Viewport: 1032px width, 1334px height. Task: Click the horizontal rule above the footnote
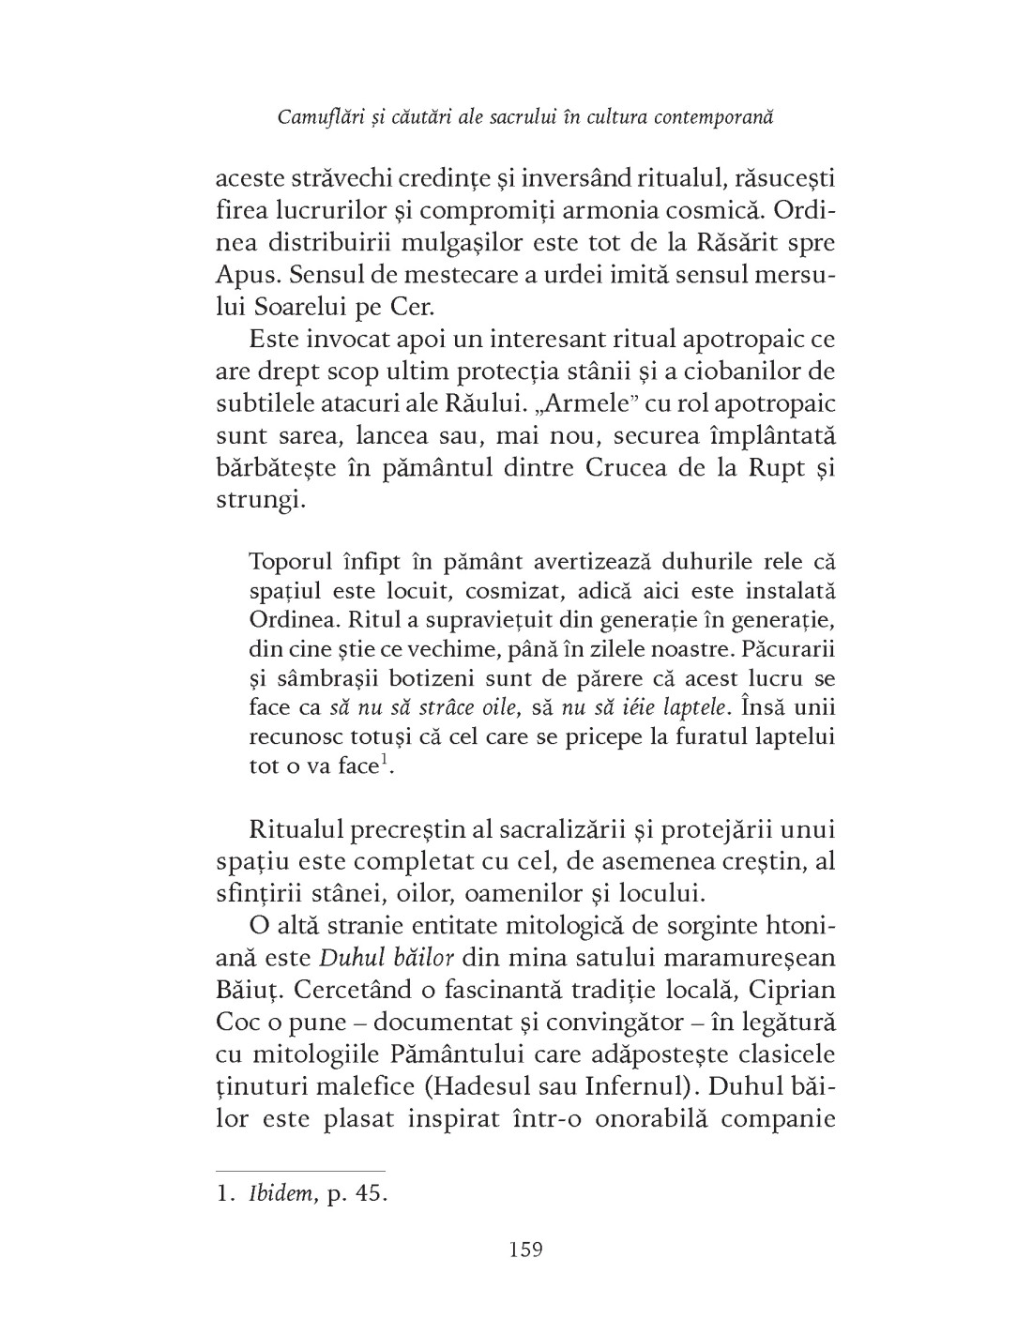(x=300, y=1171)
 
